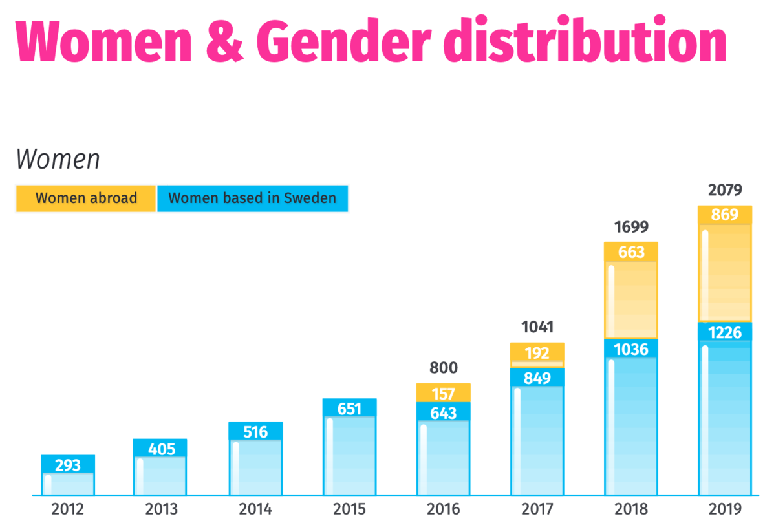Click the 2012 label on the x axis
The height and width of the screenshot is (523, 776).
click(x=68, y=509)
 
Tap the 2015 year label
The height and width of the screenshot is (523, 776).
click(x=349, y=509)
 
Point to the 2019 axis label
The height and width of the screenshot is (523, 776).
click(x=724, y=509)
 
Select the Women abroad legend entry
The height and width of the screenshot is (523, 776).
click(x=86, y=198)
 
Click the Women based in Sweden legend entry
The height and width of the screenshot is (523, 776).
click(x=252, y=198)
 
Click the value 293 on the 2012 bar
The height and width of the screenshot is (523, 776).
click(x=68, y=465)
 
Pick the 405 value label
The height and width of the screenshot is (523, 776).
click(x=160, y=449)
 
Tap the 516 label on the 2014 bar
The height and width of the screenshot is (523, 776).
click(x=255, y=431)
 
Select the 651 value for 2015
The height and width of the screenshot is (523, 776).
click(x=349, y=409)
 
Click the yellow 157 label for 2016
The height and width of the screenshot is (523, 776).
click(x=444, y=393)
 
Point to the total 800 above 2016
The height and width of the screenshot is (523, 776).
click(x=444, y=368)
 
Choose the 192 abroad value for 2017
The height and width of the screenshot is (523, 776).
click(x=537, y=353)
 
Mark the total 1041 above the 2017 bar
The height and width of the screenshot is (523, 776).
click(x=537, y=327)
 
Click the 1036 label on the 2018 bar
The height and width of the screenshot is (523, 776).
click(x=631, y=350)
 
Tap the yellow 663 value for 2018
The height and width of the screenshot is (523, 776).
click(x=631, y=252)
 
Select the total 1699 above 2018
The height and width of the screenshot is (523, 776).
click(x=631, y=227)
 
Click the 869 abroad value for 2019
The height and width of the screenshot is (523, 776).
click(x=724, y=215)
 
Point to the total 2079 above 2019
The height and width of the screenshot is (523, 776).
click(x=724, y=190)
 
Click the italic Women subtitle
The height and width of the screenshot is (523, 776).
click(x=58, y=158)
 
